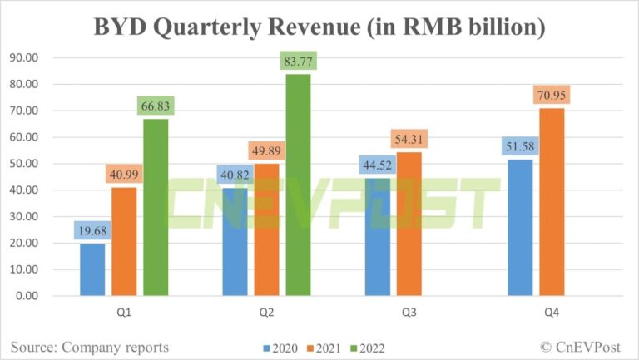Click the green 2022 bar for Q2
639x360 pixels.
pos(298,185)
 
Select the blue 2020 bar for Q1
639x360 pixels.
pos(92,269)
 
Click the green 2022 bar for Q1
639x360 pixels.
pos(156,207)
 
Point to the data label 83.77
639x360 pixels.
pos(298,61)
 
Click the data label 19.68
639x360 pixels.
pos(92,229)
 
